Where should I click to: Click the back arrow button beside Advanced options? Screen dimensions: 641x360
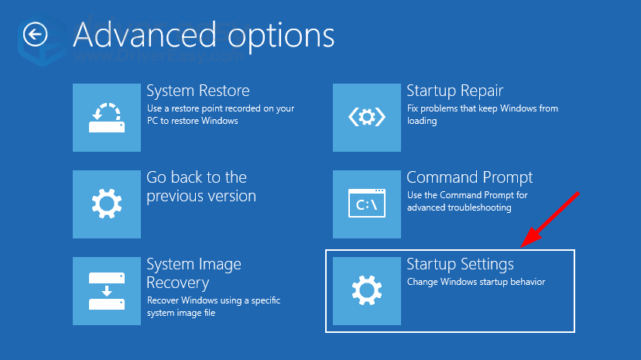(x=35, y=34)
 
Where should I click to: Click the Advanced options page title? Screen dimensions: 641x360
(x=204, y=36)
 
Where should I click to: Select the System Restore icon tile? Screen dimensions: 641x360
(x=107, y=118)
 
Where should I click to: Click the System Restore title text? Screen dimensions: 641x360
(x=198, y=91)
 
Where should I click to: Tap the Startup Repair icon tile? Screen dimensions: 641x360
(x=367, y=118)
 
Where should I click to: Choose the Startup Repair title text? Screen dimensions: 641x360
(x=455, y=91)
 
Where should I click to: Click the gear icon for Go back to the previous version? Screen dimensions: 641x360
(x=107, y=204)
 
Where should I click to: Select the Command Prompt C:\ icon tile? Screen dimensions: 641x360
(x=367, y=204)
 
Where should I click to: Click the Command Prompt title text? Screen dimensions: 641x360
(x=470, y=178)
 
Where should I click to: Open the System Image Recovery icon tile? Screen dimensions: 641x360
(x=107, y=291)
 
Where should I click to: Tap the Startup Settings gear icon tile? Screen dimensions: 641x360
(x=367, y=291)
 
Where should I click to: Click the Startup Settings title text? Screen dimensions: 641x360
(x=461, y=264)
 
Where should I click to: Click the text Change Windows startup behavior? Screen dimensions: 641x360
(x=476, y=282)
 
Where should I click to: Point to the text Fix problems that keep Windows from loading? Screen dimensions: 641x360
(x=482, y=115)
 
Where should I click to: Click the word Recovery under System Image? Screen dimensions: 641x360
(x=178, y=283)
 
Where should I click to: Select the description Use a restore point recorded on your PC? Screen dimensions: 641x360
(x=221, y=115)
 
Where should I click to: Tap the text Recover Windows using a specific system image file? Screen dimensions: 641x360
(x=214, y=307)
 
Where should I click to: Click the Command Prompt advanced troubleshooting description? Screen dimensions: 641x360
(x=468, y=201)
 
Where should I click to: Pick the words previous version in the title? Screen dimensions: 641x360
(x=201, y=196)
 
